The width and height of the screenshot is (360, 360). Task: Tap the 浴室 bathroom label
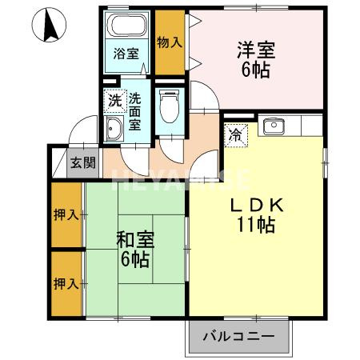pyautogui.click(x=126, y=54)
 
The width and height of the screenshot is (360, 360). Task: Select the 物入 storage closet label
pyautogui.click(x=167, y=41)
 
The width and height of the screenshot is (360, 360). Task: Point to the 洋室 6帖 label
pyautogui.click(x=256, y=59)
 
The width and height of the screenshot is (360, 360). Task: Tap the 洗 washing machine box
pyautogui.click(x=115, y=101)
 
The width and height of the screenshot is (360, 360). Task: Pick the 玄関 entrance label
pyautogui.click(x=82, y=163)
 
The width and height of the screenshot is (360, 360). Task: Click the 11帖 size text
pyautogui.click(x=256, y=226)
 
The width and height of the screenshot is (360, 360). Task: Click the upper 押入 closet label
pyautogui.click(x=66, y=214)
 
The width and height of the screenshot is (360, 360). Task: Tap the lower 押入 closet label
pyautogui.click(x=66, y=283)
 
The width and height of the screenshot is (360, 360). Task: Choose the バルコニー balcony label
pyautogui.click(x=238, y=335)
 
